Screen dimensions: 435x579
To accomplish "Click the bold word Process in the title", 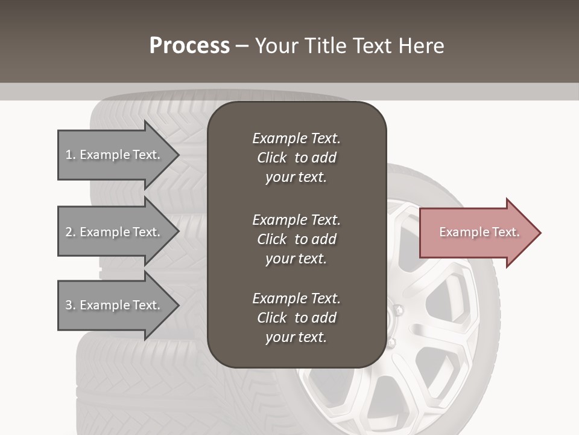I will pos(189,46).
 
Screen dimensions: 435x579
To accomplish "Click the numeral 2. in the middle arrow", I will pos(71,232).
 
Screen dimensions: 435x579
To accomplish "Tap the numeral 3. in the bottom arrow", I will pos(71,305).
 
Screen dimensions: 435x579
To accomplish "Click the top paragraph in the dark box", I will pos(296,158).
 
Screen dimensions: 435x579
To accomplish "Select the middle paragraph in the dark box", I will pos(296,239).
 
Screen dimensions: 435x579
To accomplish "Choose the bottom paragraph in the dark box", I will pos(296,318).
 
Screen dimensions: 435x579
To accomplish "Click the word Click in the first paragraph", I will pos(271,158).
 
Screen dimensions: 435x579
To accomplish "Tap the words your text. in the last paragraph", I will pos(296,338).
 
